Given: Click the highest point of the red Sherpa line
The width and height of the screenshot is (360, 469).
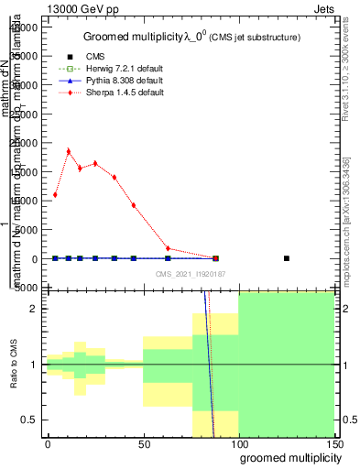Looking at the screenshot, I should tap(68, 151).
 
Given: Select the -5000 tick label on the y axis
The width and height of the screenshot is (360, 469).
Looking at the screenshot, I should tap(25, 288).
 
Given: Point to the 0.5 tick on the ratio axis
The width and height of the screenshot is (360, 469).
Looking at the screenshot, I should tap(43, 420).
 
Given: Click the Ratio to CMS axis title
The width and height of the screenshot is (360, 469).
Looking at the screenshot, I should tap(15, 365).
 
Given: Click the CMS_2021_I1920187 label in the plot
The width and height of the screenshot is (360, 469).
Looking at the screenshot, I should tap(190, 273).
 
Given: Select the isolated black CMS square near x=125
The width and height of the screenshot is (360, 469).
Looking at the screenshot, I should tap(287, 258).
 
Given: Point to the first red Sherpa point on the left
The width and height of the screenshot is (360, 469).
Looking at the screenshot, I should tap(55, 195).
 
